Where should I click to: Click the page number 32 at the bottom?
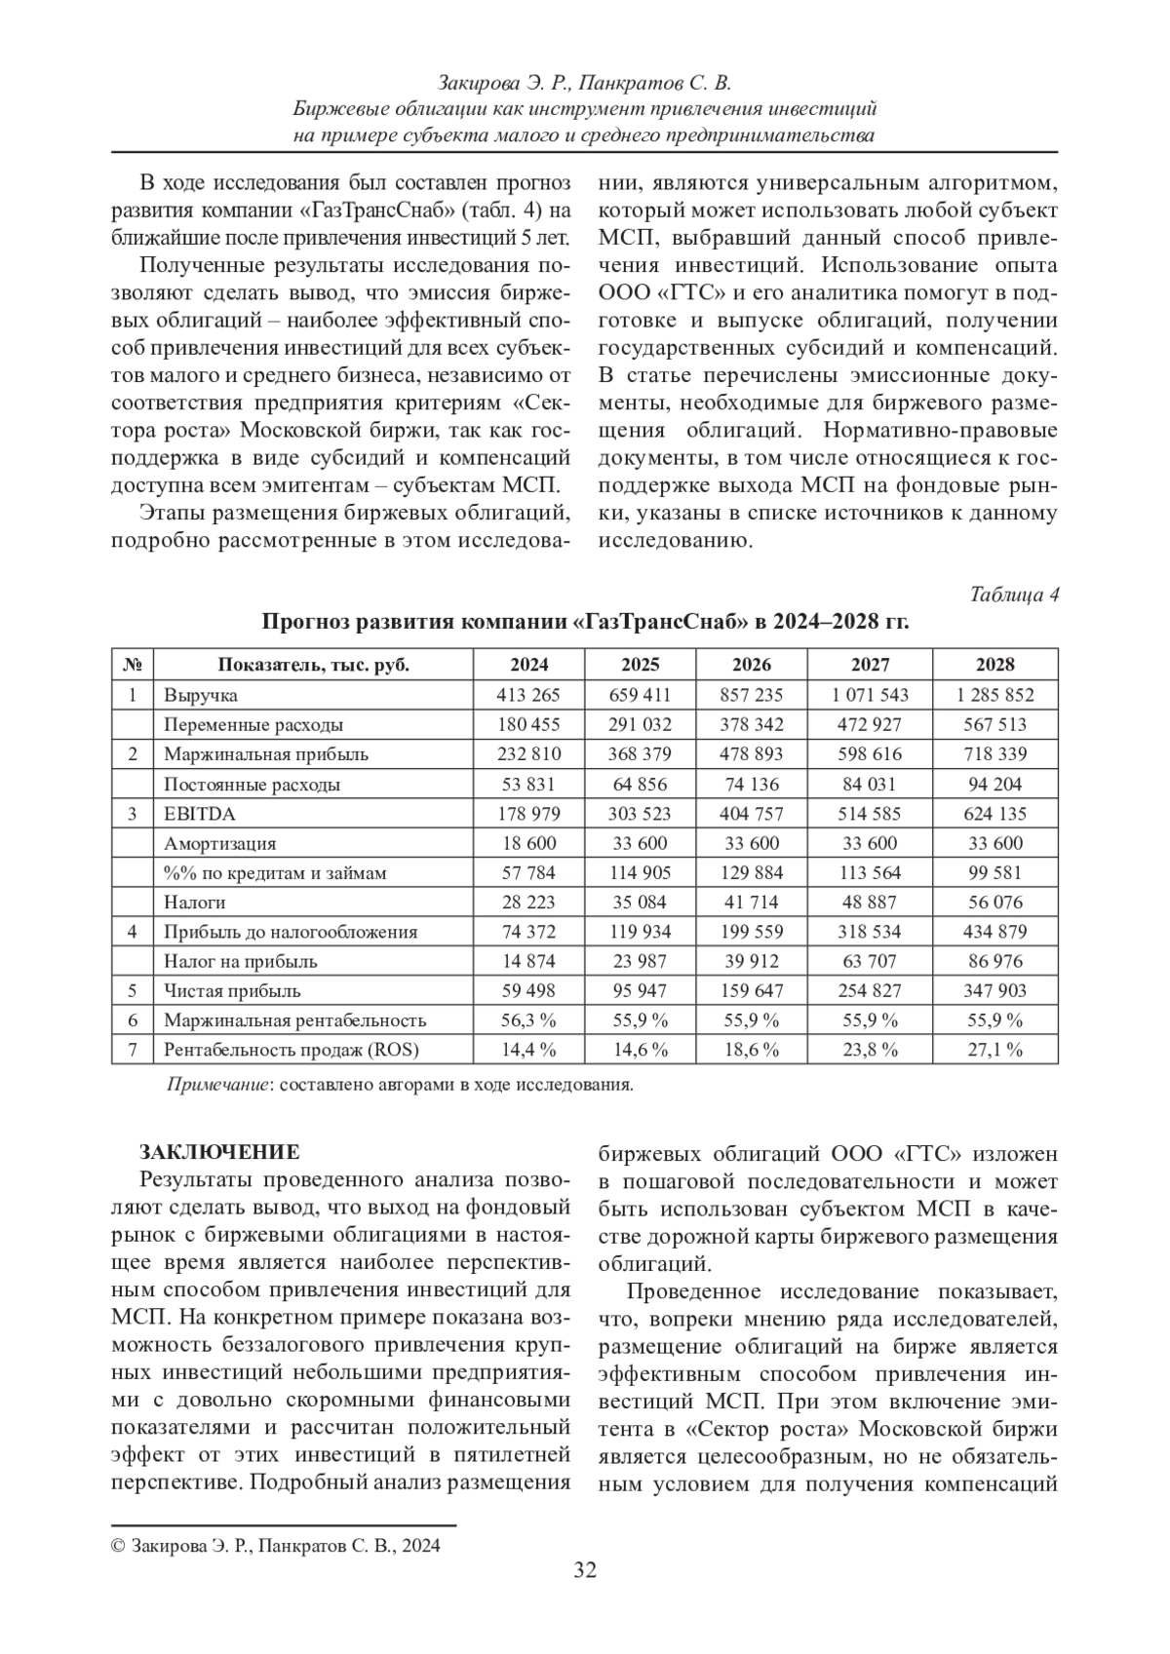click(584, 1570)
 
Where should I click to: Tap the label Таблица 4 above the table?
click(1014, 596)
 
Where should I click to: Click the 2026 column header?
click(751, 665)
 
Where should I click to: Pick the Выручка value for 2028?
click(994, 695)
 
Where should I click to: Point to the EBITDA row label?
click(200, 814)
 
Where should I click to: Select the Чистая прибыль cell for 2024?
click(528, 991)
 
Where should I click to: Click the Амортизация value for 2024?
click(528, 843)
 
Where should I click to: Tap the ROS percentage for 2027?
click(870, 1050)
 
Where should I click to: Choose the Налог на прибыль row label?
click(241, 962)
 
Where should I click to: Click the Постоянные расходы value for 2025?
click(640, 785)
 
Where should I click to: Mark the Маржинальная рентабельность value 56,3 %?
click(528, 1020)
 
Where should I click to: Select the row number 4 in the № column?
click(133, 932)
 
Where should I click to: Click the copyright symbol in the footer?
click(118, 1546)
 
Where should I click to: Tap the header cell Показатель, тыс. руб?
click(313, 665)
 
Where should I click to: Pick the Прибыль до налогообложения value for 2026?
click(751, 932)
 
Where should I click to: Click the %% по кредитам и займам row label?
click(276, 873)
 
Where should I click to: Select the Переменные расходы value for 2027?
click(870, 725)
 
